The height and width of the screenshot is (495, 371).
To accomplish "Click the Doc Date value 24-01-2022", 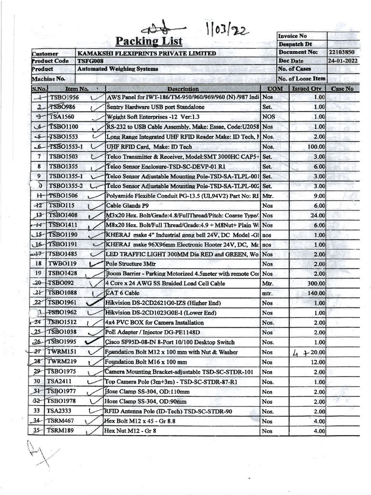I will point(343,61).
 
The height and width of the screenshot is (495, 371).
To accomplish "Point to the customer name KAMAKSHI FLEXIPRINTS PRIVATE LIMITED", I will point(147,53).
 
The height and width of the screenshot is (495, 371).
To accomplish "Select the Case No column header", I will point(342,89).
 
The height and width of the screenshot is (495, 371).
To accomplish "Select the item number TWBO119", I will point(63,264).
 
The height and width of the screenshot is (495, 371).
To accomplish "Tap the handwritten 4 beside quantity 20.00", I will point(296,353).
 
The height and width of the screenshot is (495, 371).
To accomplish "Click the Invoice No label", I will point(293,36).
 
